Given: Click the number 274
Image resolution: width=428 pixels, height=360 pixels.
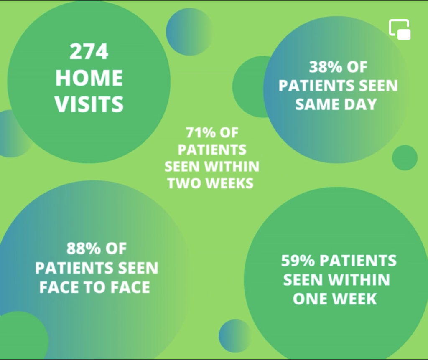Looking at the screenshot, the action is coord(89,51).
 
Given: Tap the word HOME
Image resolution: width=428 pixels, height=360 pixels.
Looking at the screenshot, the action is coord(89,78).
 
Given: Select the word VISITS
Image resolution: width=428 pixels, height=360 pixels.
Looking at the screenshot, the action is coord(89,104).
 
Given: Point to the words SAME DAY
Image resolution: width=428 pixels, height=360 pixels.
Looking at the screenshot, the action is coord(336,104).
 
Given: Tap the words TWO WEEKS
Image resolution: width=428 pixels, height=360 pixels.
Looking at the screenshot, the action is coord(211,183).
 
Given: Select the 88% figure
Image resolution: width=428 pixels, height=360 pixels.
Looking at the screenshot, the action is coord(82,248).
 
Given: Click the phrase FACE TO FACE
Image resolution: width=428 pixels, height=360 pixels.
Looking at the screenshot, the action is coord(95,287).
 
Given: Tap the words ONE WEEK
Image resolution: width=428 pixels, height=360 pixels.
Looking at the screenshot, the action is coord(335,299).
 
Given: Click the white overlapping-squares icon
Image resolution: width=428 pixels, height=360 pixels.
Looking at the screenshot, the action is coord(400,30).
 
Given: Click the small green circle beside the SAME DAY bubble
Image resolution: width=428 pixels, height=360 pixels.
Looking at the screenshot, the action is coord(405,157).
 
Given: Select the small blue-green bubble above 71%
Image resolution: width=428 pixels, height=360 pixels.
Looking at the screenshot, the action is coord(189,32).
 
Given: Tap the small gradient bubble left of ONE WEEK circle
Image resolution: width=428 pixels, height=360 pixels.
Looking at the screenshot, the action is coord(235,336).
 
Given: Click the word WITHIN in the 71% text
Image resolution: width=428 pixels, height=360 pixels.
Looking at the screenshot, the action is coord(232,166).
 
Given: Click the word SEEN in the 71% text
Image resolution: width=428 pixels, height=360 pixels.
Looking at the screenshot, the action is coord(183,166).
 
